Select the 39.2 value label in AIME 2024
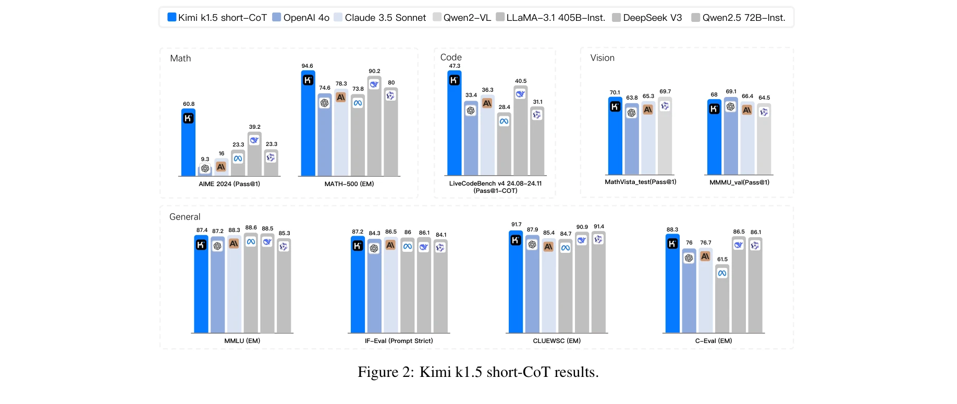pos(254,127)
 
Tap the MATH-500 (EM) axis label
pos(349,184)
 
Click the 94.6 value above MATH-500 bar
pos(307,66)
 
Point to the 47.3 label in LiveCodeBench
pos(455,66)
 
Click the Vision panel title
pos(602,58)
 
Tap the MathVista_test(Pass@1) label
pos(640,182)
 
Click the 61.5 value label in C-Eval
pos(722,260)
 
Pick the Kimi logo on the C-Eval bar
pos(672,243)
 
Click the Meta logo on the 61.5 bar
pos(722,273)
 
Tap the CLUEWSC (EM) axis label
pos(556,341)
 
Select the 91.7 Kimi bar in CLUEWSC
pos(516,292)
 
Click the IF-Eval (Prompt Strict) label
pos(399,341)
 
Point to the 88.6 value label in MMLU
pos(251,228)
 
